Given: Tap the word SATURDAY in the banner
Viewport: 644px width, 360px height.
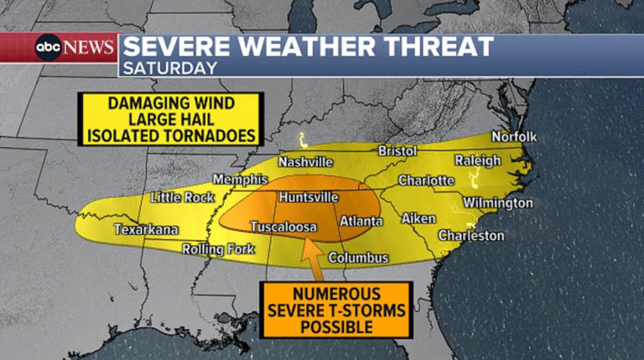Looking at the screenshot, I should click(169, 68).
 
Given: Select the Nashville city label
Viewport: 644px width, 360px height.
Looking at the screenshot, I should click(306, 162).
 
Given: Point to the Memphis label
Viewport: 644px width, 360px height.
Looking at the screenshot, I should click(240, 180).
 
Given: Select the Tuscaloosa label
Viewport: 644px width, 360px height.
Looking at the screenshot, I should click(282, 227).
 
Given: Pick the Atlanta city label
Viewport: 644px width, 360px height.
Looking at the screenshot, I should click(361, 222).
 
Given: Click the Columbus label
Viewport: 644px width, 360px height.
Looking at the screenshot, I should click(358, 258).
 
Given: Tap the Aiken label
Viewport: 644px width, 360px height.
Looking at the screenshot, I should click(418, 218).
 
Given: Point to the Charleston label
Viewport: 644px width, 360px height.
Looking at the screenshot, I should click(471, 236).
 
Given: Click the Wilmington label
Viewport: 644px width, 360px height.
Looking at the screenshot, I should click(497, 203).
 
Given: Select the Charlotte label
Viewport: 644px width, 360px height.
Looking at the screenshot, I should click(426, 180).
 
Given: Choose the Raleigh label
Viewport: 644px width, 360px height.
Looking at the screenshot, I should click(477, 160).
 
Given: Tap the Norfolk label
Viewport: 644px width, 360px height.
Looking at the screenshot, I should click(514, 136).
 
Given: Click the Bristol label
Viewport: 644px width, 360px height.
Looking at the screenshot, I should click(397, 150).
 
